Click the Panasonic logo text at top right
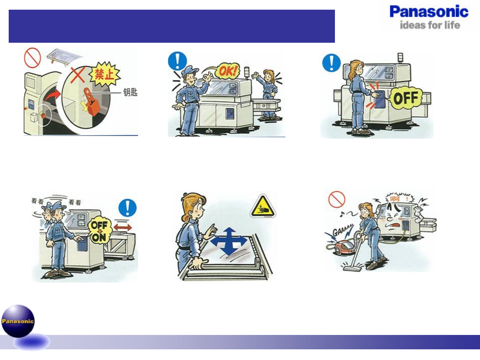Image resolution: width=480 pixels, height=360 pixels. click(x=429, y=12)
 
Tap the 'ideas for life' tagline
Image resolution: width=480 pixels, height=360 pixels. click(x=430, y=25)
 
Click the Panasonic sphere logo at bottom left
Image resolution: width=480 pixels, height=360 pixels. click(x=18, y=321)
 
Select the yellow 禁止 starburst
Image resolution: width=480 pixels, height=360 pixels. click(x=105, y=74)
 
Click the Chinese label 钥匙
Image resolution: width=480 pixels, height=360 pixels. click(x=130, y=92)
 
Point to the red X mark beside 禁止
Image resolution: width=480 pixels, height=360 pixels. click(x=78, y=74)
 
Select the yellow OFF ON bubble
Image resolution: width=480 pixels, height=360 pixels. click(x=99, y=231)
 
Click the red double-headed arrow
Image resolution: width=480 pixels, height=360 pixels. click(x=123, y=227)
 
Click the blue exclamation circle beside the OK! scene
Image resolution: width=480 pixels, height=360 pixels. click(x=177, y=61)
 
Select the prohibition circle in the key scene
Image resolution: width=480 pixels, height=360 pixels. click(x=32, y=57)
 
